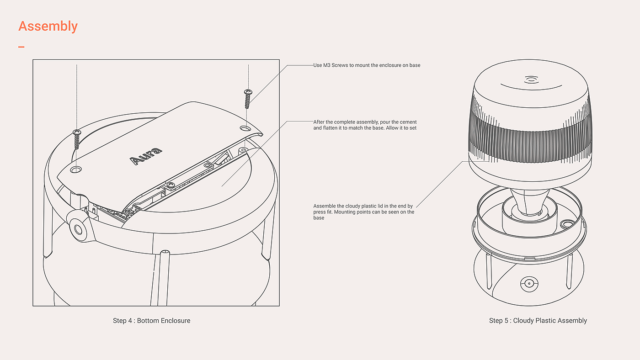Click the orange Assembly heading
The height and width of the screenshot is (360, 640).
[x=48, y=26]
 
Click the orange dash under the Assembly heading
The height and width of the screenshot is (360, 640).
[x=21, y=47]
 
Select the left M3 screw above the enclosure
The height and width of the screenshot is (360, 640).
[x=76, y=139]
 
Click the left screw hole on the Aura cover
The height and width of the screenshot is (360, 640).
[x=76, y=169]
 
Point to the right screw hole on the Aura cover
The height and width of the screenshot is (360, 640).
[x=246, y=129]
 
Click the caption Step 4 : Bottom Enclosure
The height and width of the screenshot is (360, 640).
[x=151, y=321]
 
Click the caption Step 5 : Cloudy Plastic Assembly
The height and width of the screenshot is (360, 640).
[x=538, y=321]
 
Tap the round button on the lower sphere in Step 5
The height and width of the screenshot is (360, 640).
[x=529, y=283]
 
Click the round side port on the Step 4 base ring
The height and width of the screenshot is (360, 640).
[x=77, y=228]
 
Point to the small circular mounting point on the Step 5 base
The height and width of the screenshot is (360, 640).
[x=567, y=224]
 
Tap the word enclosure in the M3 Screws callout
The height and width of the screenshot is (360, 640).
[x=391, y=65]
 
